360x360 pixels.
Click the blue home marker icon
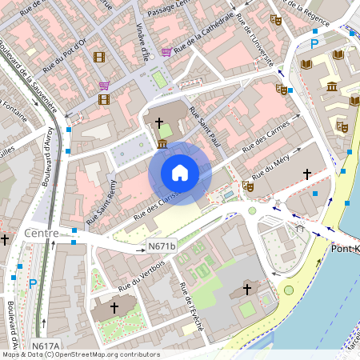pyautogui.click(x=180, y=173)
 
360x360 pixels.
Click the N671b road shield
pyautogui.click(x=161, y=249)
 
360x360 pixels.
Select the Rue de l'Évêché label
pyautogui.click(x=192, y=307)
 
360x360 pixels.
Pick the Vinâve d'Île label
pyautogui.click(x=142, y=42)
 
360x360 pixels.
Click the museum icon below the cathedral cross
pyautogui.click(x=162, y=144)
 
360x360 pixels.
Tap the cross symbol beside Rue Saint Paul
pyautogui.click(x=158, y=123)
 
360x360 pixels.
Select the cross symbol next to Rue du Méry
pyautogui.click(x=306, y=173)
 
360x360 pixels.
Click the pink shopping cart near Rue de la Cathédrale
pyautogui.click(x=166, y=52)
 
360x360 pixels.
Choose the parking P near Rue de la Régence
pyautogui.click(x=314, y=43)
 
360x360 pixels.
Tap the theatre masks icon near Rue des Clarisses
pyautogui.click(x=248, y=186)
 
